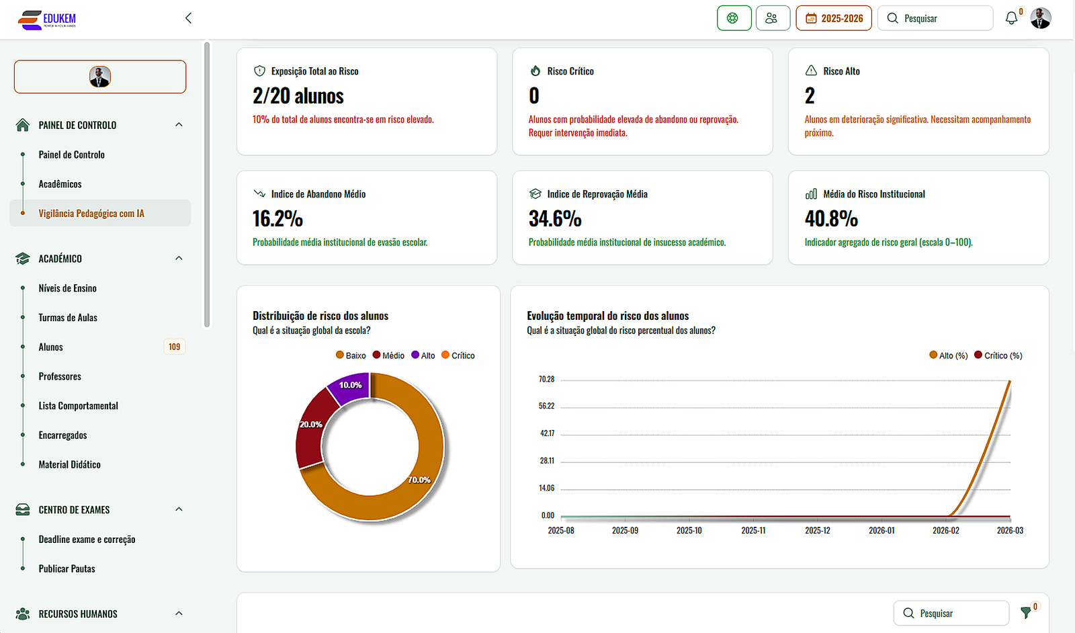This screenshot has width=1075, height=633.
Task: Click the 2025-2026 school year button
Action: pos(834,18)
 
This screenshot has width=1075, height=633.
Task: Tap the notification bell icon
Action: pos(1011,18)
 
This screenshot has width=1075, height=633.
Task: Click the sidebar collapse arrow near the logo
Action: pos(188,18)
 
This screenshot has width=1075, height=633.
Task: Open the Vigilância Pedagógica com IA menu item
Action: pos(91,214)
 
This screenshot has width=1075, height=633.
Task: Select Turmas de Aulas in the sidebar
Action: pos(68,318)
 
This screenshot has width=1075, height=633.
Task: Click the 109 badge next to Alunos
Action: pos(174,347)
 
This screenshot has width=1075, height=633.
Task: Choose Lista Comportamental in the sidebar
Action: pos(78,406)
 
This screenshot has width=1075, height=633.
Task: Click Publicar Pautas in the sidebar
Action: pos(67,568)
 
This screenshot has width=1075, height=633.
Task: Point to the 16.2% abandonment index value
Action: pos(277,219)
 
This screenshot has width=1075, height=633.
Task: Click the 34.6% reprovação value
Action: pos(555,219)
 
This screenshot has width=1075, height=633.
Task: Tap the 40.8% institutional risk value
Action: pos(831,219)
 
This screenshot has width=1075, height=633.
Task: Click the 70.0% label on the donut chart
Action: pos(419,480)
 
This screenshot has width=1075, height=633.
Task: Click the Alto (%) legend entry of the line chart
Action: pos(949,355)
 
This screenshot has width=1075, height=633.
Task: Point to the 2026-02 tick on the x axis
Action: pos(945,530)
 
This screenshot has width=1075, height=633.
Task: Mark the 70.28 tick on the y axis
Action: pos(546,380)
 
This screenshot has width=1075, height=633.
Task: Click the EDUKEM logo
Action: pos(47,19)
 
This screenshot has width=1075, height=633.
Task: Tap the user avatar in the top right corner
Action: pos(1041,18)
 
